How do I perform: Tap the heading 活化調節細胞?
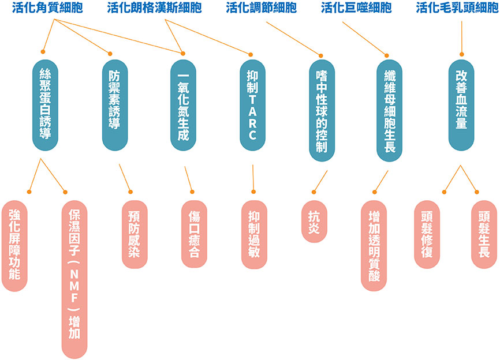coord(262,8)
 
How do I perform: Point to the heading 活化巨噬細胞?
coord(356,8)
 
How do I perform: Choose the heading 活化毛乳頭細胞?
coord(457,8)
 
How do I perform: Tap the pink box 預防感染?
coord(133,234)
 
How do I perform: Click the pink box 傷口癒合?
coord(194,234)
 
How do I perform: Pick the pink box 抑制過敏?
coord(253,234)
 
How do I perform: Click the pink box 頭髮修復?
coord(427,234)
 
